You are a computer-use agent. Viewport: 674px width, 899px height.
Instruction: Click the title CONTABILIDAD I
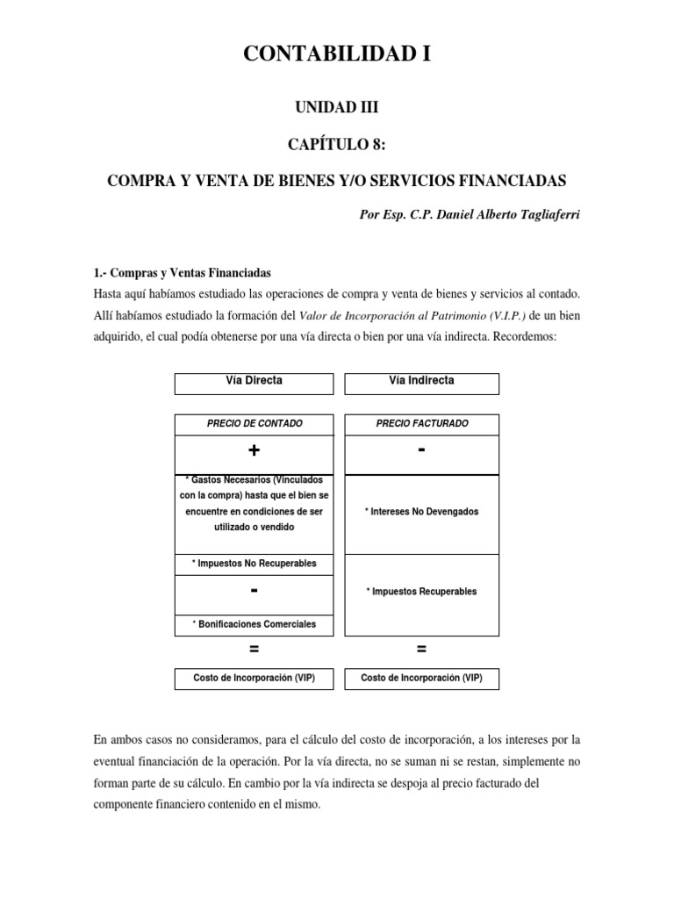[337, 55]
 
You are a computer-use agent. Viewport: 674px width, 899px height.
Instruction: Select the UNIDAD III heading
[337, 107]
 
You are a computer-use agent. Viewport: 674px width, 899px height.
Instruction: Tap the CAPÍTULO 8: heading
[337, 143]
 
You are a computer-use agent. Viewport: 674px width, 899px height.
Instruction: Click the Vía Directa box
[254, 381]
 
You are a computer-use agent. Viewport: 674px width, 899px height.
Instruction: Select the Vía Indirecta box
[421, 381]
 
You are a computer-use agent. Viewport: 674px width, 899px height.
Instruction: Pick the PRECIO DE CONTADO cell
[254, 423]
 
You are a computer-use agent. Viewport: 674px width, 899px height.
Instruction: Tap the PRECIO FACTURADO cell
[421, 423]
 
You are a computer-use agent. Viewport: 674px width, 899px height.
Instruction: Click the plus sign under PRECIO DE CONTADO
[254, 450]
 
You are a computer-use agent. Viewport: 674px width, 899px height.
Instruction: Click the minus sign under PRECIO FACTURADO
[421, 450]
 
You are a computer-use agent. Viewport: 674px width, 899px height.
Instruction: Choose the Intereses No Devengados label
[421, 512]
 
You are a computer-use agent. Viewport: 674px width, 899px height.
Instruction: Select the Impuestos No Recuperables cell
[254, 563]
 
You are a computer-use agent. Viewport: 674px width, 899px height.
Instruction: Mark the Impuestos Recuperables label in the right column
[421, 592]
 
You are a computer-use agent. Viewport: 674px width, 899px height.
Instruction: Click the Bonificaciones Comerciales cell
[254, 624]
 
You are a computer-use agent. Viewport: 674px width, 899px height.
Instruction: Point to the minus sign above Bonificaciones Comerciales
[254, 592]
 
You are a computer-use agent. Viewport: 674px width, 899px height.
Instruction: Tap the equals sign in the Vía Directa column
[254, 650]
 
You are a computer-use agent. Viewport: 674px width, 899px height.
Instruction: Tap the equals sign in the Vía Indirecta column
[421, 650]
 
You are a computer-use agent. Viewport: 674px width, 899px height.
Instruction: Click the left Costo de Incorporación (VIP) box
[254, 679]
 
